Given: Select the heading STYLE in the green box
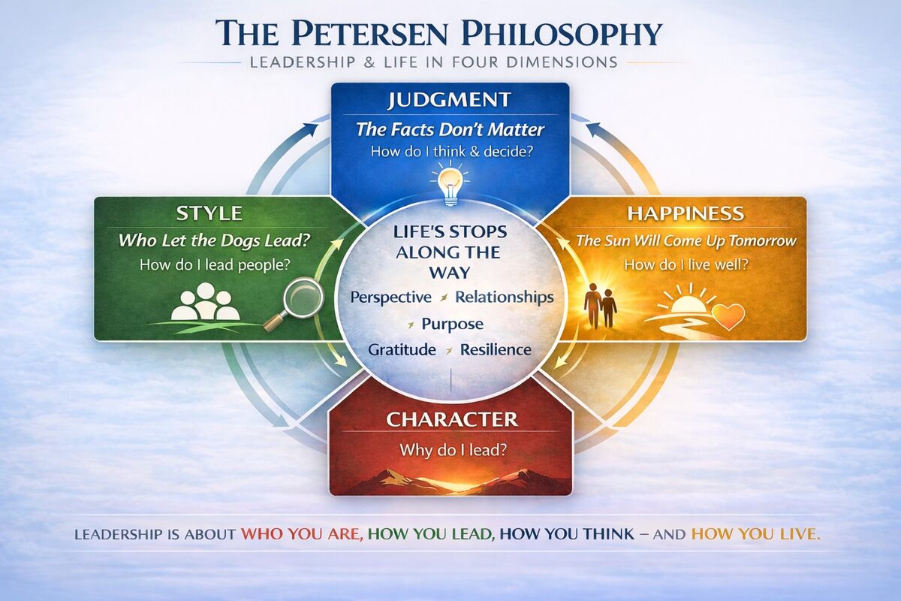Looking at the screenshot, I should (x=209, y=213).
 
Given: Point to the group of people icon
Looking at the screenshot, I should (x=205, y=302).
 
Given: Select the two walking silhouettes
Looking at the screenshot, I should (x=601, y=305).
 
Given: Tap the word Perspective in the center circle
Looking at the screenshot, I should (x=390, y=297).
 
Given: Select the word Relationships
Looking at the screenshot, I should (x=504, y=297).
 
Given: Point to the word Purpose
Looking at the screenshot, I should (x=452, y=324).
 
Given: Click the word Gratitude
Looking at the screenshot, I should (x=402, y=350).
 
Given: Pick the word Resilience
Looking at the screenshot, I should (x=496, y=350).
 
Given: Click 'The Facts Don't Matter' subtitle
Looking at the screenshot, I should (x=450, y=129).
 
